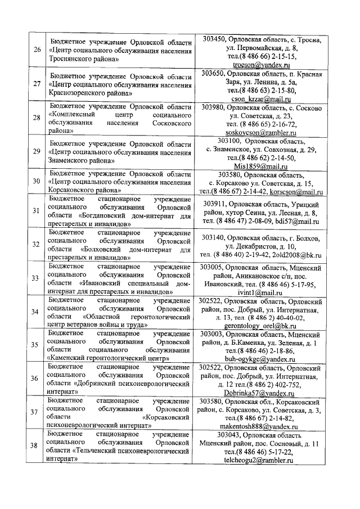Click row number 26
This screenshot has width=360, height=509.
point(37,49)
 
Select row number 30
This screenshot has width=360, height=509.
point(37,182)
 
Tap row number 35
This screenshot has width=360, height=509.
point(37,345)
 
